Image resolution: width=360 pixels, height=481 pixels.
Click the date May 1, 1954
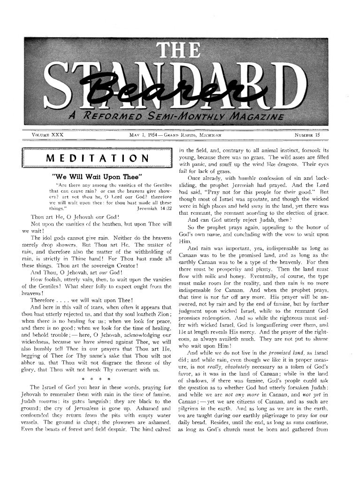(145, 135)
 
